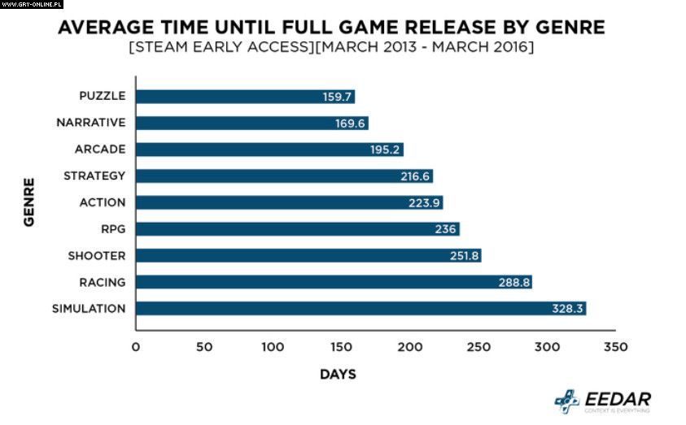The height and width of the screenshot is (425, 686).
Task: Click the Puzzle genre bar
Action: (244, 96)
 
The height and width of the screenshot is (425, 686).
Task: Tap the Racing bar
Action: (333, 282)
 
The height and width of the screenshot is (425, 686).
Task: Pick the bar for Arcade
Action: (269, 150)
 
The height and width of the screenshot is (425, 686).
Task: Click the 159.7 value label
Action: (337, 97)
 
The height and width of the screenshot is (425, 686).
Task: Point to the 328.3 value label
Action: (567, 309)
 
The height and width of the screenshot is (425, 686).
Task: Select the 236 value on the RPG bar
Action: (445, 229)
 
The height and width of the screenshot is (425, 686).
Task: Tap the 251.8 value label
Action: (464, 256)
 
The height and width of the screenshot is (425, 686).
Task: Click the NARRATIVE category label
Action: (90, 123)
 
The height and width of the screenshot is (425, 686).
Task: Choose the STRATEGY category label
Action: (94, 176)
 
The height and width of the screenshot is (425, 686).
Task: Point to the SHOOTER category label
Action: (97, 256)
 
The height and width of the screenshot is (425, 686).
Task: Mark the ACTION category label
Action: (103, 202)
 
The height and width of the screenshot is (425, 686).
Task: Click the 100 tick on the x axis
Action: (273, 347)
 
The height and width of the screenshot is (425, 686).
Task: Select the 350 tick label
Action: (617, 347)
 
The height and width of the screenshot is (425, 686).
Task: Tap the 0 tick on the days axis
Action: (136, 347)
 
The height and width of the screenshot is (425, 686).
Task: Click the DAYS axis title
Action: (338, 375)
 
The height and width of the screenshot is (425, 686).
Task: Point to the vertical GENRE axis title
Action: (29, 202)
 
